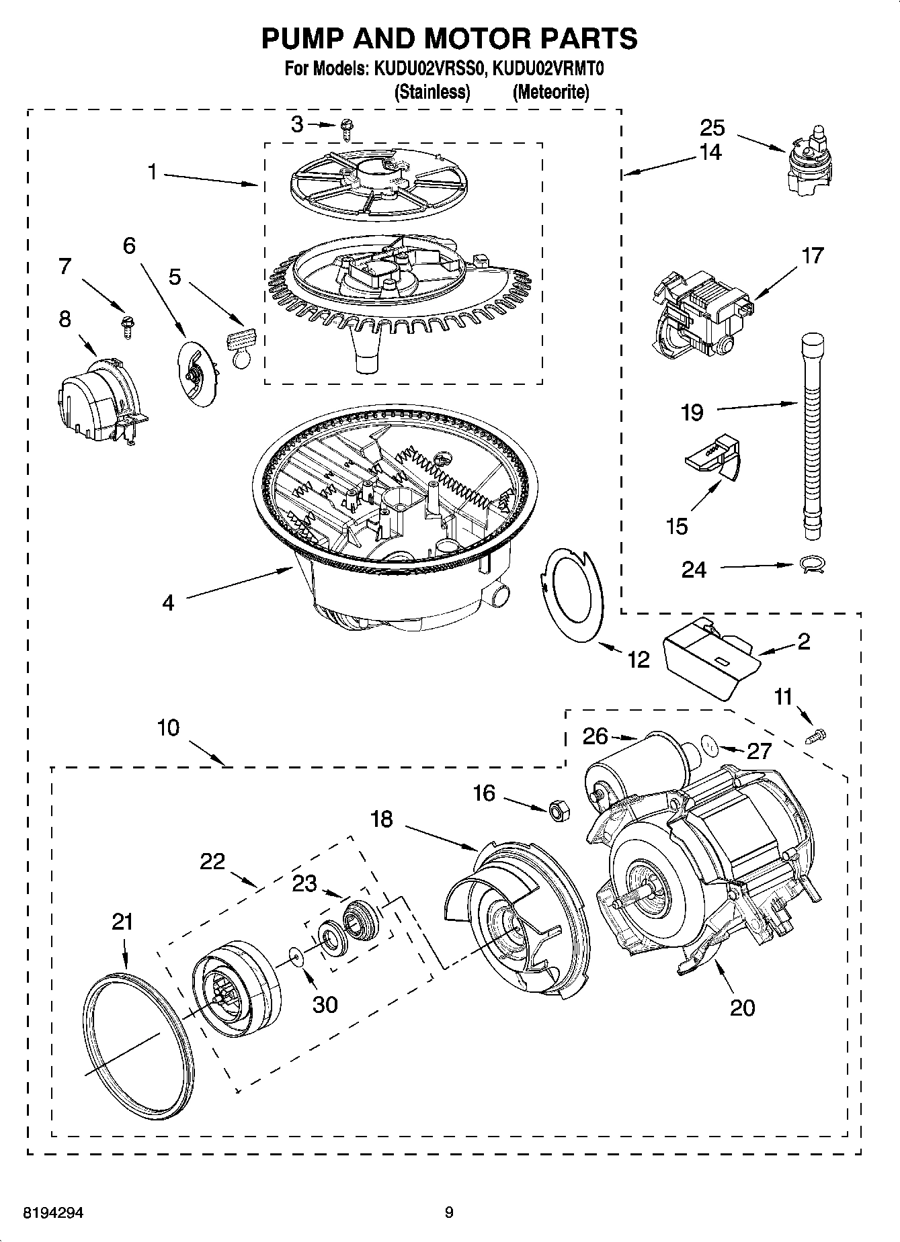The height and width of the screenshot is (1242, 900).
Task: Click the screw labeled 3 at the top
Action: [x=347, y=128]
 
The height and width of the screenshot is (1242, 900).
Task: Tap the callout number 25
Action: [x=713, y=127]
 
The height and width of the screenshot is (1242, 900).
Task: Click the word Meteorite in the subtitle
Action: [x=550, y=92]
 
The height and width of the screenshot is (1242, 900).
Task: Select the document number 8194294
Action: [x=54, y=1213]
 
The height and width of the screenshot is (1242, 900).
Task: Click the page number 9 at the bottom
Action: [x=449, y=1212]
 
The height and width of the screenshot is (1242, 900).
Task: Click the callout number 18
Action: [x=381, y=819]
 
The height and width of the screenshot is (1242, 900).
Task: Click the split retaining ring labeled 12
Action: [x=571, y=594]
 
